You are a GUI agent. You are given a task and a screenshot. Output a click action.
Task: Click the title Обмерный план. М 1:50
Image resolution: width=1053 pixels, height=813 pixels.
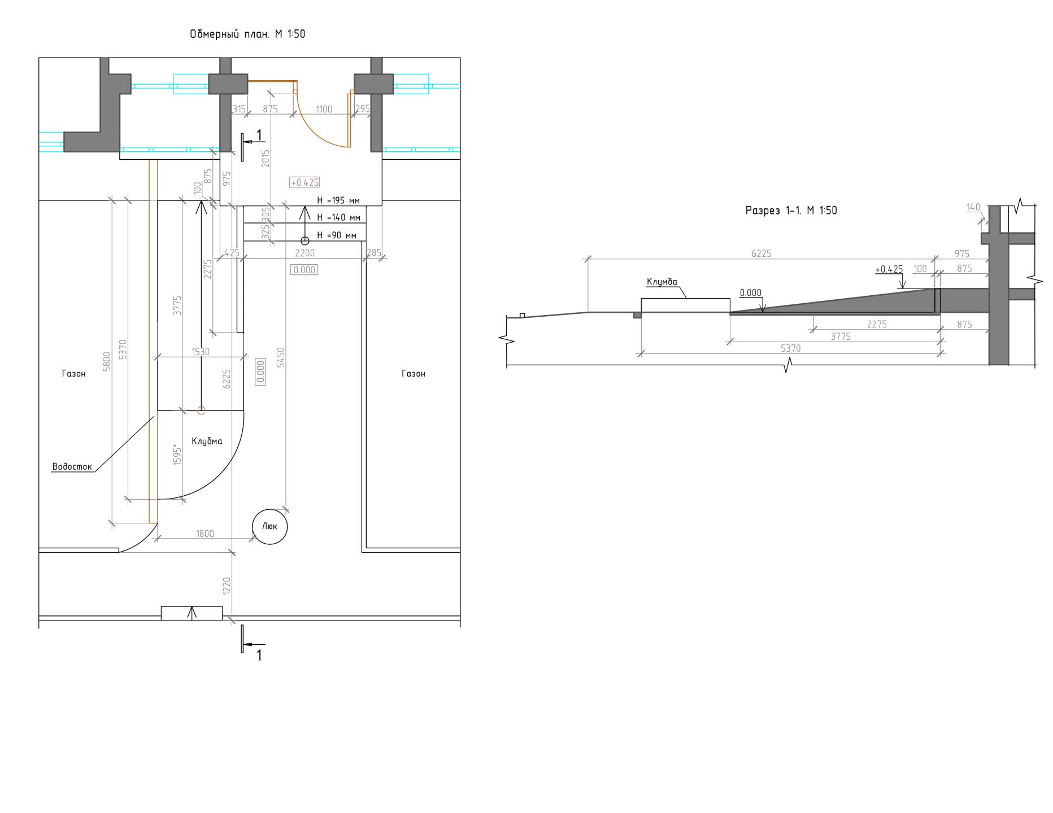[x=247, y=34]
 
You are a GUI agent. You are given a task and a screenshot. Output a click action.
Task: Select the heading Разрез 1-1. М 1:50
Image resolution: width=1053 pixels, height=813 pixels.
[x=791, y=211]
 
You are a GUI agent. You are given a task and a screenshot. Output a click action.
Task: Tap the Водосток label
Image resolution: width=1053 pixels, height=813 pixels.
[x=72, y=467]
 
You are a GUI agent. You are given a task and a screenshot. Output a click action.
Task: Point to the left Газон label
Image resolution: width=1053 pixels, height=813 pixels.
[x=74, y=374]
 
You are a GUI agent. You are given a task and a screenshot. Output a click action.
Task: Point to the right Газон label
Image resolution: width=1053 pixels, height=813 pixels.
[x=414, y=374]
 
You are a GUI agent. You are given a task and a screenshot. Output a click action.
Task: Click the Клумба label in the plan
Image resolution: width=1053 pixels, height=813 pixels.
[x=207, y=442]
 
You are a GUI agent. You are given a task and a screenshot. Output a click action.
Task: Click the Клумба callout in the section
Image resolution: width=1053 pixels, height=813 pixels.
[x=662, y=282]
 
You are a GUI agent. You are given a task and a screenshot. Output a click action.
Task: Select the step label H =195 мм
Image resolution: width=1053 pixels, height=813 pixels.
[x=338, y=200]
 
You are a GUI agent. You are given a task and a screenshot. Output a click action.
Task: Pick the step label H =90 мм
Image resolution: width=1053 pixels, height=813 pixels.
[x=337, y=235]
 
